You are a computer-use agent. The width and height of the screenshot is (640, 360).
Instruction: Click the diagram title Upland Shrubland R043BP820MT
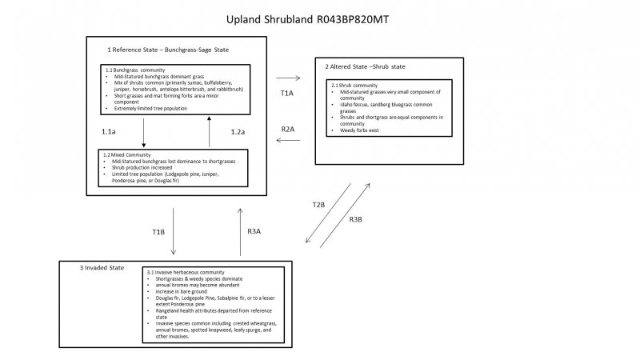coord(319,17)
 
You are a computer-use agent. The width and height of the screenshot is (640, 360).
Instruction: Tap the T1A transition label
coord(287,94)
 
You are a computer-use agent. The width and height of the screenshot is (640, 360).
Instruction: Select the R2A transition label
coord(288,128)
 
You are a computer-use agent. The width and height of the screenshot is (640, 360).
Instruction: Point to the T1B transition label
coord(158,232)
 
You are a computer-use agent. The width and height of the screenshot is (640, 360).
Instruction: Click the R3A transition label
coord(254,232)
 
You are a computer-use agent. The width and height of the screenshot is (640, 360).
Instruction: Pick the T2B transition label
coord(318,205)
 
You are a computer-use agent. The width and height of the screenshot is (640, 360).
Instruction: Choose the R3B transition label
coord(358,220)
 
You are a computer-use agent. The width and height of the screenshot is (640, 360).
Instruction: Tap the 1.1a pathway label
coord(110,130)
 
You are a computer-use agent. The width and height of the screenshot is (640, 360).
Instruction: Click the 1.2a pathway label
coord(237,130)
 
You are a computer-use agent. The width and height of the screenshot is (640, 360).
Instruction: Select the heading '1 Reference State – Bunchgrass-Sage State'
coord(168,50)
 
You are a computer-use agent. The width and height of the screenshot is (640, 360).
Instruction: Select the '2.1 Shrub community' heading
coord(354,85)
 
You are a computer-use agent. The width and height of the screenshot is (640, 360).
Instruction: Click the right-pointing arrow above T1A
coord(287,78)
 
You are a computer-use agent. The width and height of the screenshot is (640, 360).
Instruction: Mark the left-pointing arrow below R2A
coord(287,141)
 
